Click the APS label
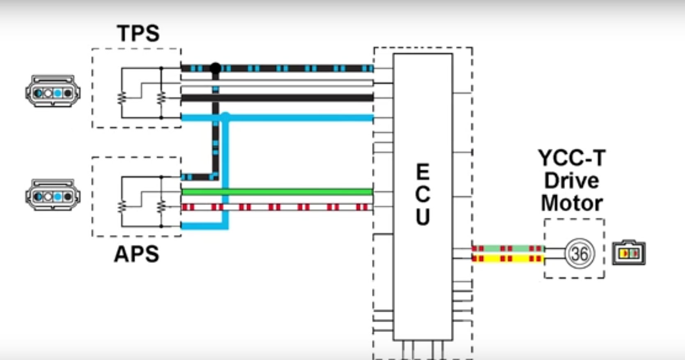137,254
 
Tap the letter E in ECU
423,172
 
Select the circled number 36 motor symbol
579,254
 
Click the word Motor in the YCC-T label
572,203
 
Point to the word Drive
572,180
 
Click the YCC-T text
572,158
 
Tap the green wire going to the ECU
277,192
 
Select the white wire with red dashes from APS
277,207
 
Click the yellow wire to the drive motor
508,259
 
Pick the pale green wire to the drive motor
508,248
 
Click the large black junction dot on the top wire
216,68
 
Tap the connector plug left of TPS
53,91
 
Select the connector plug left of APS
53,195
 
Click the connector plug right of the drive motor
629,253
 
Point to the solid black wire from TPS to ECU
277,98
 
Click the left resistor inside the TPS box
122,98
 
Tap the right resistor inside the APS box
161,207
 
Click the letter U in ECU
423,217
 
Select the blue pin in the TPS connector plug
57,93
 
